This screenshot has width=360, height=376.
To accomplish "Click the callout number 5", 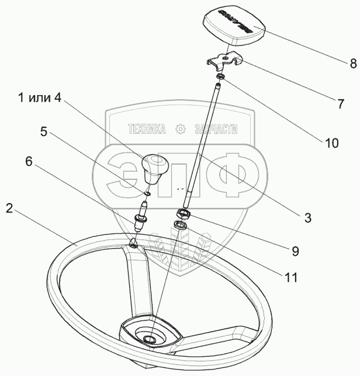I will pyautogui.click(x=43, y=132).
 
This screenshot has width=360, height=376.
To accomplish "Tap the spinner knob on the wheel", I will pyautogui.click(x=154, y=168).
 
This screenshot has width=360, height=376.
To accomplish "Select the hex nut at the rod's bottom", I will pyautogui.click(x=183, y=213).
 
